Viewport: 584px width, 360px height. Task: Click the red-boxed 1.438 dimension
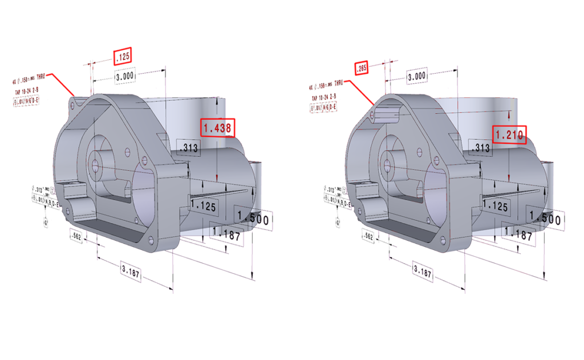click(x=218, y=128)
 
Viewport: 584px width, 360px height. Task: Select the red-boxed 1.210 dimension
click(x=509, y=135)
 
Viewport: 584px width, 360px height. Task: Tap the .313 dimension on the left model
click(x=188, y=148)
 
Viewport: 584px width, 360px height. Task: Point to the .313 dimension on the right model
click(x=482, y=148)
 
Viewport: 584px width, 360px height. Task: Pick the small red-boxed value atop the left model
click(x=123, y=56)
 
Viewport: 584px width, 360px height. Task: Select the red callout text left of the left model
click(x=26, y=91)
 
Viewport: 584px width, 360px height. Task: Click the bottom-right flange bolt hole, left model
click(x=151, y=238)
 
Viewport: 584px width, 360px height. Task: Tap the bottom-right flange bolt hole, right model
click(x=444, y=240)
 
